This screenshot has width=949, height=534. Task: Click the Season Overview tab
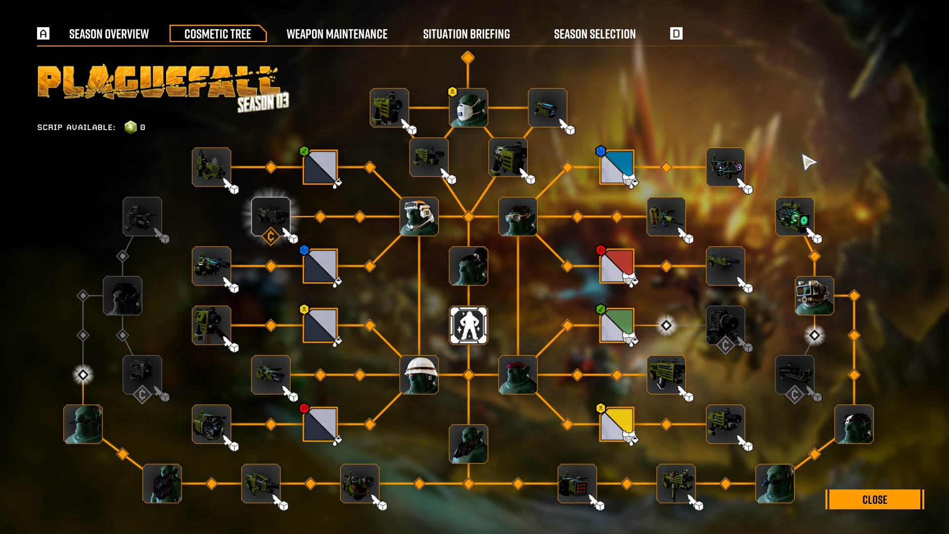click(109, 34)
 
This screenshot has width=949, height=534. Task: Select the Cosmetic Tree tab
click(217, 34)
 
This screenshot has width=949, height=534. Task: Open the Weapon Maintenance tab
click(337, 34)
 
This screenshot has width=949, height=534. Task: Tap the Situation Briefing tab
click(466, 34)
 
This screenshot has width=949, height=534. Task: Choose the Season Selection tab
click(595, 34)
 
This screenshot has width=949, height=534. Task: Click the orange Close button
click(874, 499)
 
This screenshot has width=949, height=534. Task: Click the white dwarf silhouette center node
click(468, 325)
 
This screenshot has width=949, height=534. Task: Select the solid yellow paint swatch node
click(617, 424)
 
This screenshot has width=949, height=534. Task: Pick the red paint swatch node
click(617, 266)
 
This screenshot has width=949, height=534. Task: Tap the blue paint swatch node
click(617, 167)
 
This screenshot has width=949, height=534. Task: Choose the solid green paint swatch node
click(617, 325)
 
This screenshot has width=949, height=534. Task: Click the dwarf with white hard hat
click(419, 375)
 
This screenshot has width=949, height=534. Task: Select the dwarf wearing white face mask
click(468, 108)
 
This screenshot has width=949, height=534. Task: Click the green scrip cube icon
click(130, 128)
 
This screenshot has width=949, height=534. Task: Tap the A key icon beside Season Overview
click(43, 34)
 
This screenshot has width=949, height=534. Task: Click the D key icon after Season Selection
click(676, 34)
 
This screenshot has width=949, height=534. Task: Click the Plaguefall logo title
click(158, 83)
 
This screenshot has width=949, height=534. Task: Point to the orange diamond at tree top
click(468, 58)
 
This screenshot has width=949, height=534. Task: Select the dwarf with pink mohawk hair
click(518, 375)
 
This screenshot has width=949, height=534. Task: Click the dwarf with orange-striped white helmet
click(419, 217)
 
